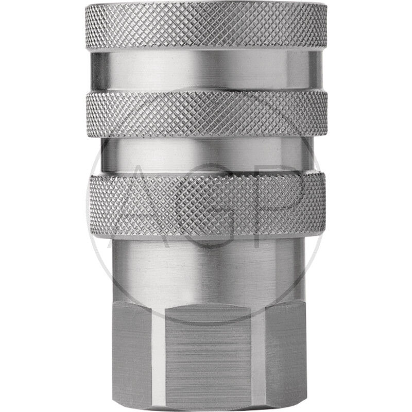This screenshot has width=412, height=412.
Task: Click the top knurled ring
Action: [x=207, y=25]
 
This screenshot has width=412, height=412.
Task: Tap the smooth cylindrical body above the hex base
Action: [x=207, y=271]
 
